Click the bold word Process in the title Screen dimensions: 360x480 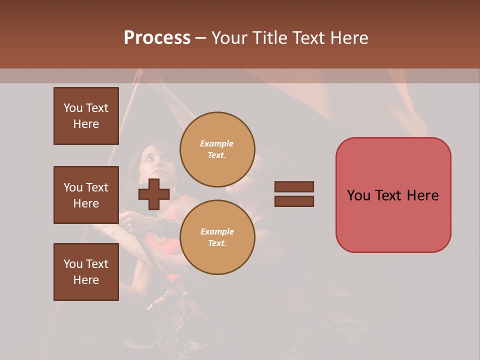[x=157, y=38]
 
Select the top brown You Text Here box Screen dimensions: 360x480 [x=86, y=116]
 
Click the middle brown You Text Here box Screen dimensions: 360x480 [x=86, y=195]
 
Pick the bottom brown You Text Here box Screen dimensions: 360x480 [x=86, y=272]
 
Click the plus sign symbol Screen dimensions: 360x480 [x=153, y=194]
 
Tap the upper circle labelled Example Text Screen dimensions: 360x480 [x=217, y=149]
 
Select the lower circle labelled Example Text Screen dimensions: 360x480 [x=217, y=237]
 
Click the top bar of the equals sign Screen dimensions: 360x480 [x=294, y=186]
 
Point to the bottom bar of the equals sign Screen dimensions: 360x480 [x=294, y=201]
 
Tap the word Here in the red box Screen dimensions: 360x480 [x=422, y=195]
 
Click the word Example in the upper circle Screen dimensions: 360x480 [x=217, y=143]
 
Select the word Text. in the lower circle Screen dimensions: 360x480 [x=217, y=243]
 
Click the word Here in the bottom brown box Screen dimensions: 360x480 [x=86, y=280]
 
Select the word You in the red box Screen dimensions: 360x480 [x=359, y=195]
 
